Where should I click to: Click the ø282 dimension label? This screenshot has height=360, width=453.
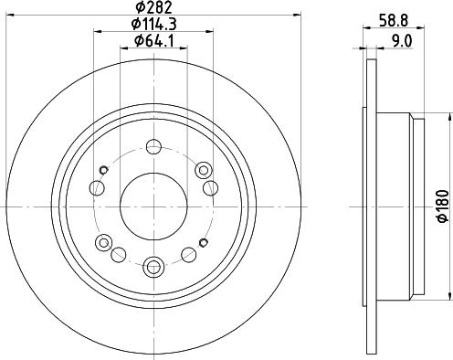coord(154,7)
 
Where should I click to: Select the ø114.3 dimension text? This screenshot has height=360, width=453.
coord(153,24)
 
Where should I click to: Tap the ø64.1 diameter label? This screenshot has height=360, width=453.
coord(154,41)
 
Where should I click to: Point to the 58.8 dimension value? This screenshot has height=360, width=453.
coord(394,21)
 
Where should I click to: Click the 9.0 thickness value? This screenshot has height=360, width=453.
coord(401,41)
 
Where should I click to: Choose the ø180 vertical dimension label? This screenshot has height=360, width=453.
coord(443,206)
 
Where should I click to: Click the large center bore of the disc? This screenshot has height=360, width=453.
coord(153,206)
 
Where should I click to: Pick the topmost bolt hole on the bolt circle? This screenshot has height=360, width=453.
coord(153,147)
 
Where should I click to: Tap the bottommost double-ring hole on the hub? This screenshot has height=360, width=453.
coord(153,266)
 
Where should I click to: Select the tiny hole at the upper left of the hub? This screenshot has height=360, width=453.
coord(104,170)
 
